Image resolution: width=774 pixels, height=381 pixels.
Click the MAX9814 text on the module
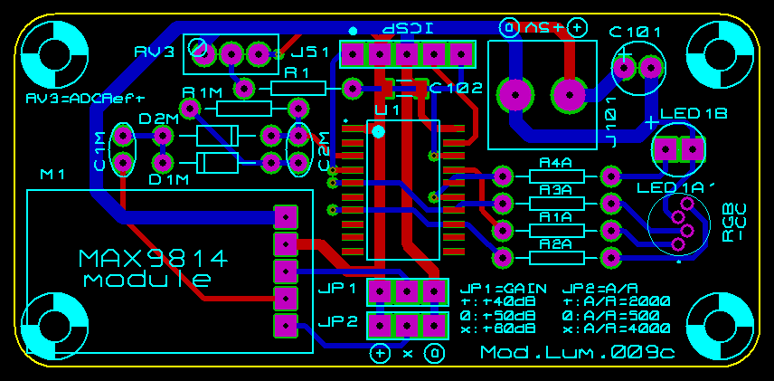(153, 259)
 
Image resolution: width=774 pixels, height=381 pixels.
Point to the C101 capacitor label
(635, 33)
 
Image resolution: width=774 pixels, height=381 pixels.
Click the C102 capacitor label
(456, 89)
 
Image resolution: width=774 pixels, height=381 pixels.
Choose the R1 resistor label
(297, 71)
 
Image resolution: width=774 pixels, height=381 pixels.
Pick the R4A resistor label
(555, 163)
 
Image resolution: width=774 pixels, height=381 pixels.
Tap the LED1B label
(694, 114)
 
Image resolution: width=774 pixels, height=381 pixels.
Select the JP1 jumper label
(337, 290)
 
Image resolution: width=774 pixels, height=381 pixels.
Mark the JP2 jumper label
(337, 321)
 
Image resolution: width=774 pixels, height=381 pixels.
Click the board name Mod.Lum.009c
(577, 352)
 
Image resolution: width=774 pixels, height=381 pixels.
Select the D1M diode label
(169, 180)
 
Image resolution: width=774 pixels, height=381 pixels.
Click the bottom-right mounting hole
(720, 326)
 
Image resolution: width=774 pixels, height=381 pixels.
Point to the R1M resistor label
(202, 92)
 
